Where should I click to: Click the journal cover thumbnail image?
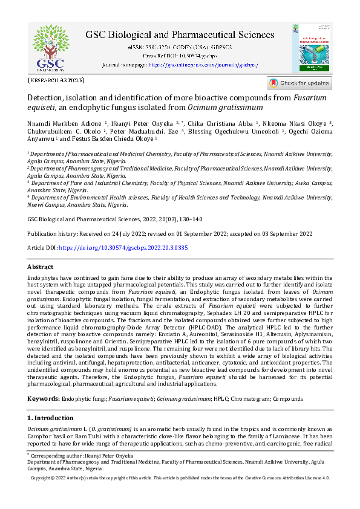click(315, 48)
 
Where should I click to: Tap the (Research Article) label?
click(56, 80)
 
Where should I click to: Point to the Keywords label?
click(44, 399)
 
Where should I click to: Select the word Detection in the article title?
click(47, 97)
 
